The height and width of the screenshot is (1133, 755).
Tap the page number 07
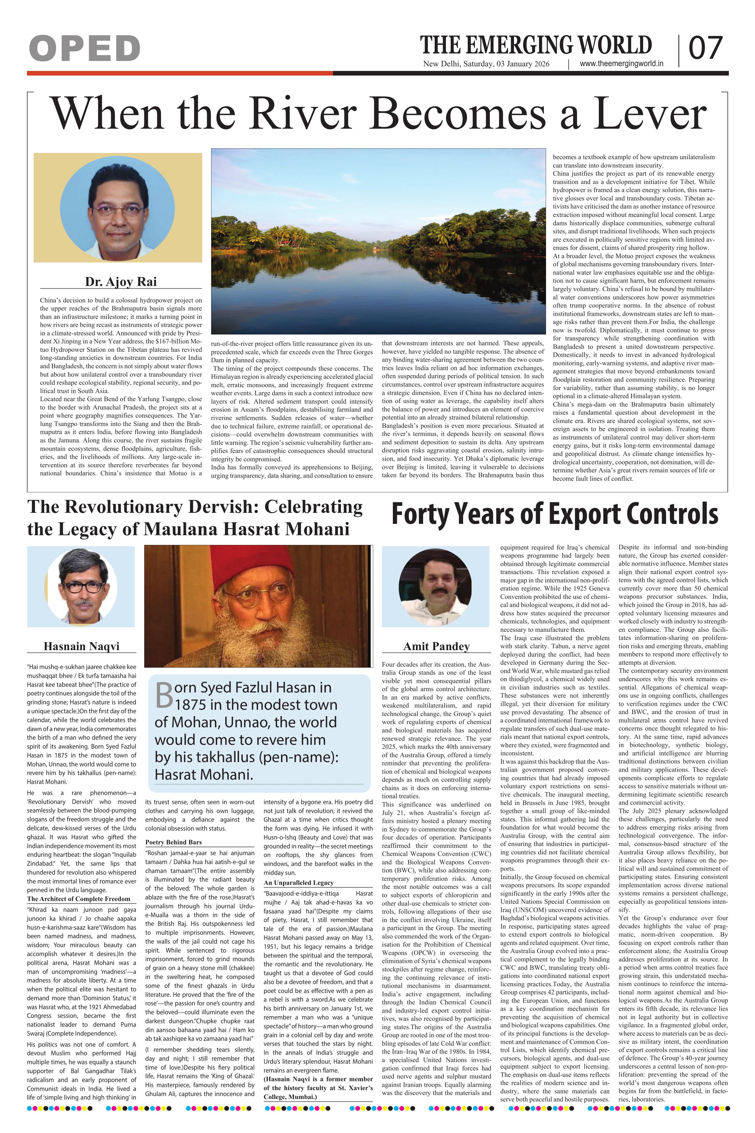(x=705, y=49)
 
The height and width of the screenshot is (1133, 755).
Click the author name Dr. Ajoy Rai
(x=121, y=282)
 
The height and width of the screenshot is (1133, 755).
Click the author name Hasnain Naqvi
(x=81, y=646)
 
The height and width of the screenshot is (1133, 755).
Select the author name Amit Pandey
(x=436, y=646)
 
